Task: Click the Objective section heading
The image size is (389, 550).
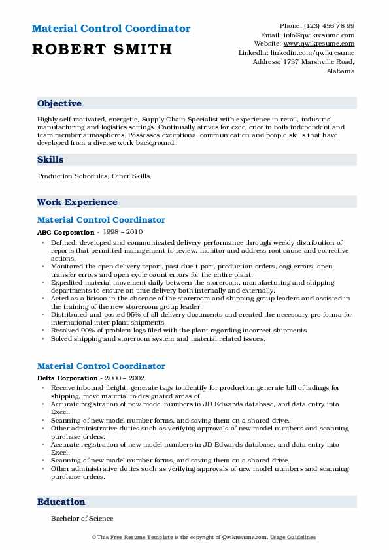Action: click(x=59, y=104)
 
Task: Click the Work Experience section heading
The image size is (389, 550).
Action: click(x=77, y=202)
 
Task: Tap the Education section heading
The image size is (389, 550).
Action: click(x=61, y=502)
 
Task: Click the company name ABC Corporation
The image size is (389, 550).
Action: click(x=66, y=232)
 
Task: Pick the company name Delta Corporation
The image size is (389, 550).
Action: click(x=68, y=378)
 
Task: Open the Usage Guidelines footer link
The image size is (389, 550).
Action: click(x=294, y=538)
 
